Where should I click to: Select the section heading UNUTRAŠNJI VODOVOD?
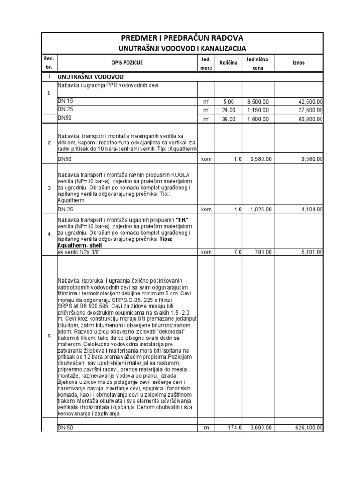(x=90, y=76)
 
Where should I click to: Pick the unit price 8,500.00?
(x=258, y=101)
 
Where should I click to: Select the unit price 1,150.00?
(x=258, y=110)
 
